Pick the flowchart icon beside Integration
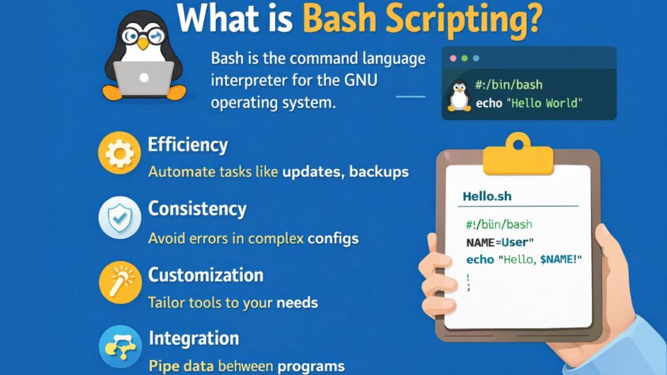(119, 348)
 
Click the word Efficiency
(188, 144)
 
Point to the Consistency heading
(197, 209)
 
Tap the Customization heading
(205, 275)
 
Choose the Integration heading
(193, 338)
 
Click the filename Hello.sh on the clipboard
(486, 196)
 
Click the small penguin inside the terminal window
(459, 95)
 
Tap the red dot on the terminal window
(453, 58)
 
